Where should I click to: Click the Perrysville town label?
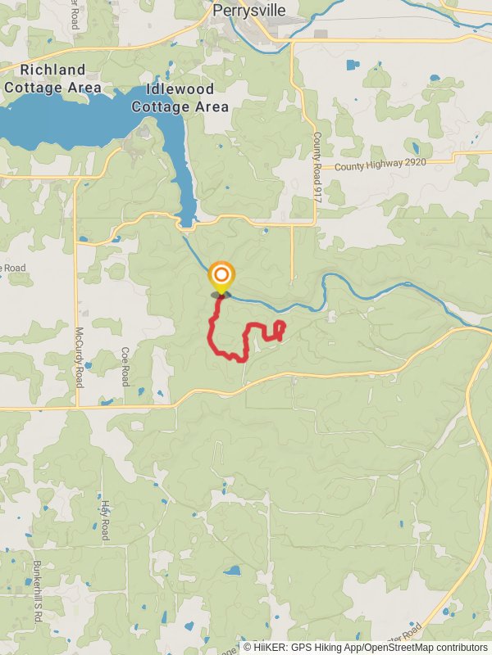pyautogui.click(x=248, y=11)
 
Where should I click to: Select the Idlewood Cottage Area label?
pyautogui.click(x=172, y=97)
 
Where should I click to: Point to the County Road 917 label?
pyautogui.click(x=316, y=160)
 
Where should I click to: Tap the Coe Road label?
pyautogui.click(x=125, y=366)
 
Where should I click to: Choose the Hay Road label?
pyautogui.click(x=105, y=520)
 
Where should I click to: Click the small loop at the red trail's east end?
pyautogui.click(x=280, y=328)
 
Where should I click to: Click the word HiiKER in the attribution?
pyautogui.click(x=270, y=648)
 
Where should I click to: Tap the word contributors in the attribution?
pyautogui.click(x=462, y=648)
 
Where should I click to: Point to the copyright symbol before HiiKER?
pyautogui.click(x=248, y=648)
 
